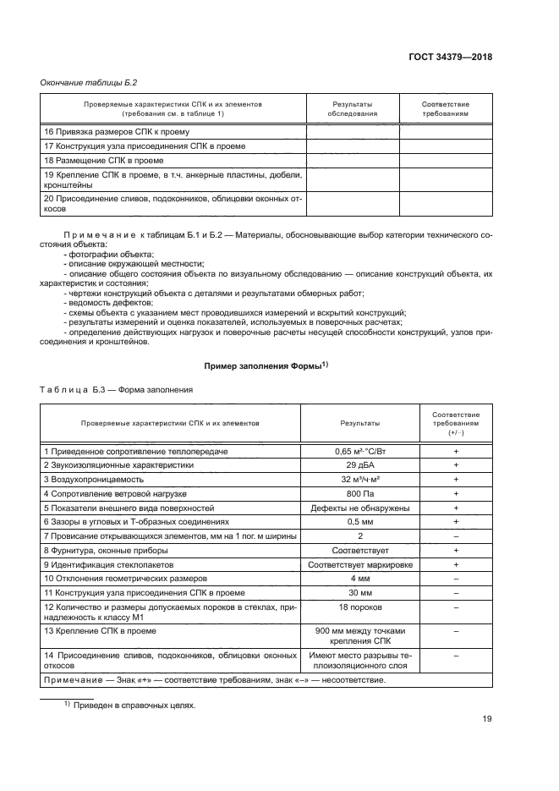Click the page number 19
[486, 719]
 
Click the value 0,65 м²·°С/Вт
[360, 453]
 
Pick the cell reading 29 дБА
[360, 466]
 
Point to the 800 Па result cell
[360, 494]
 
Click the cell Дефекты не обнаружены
[360, 508]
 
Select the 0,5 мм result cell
[360, 522]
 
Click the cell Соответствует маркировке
[360, 563]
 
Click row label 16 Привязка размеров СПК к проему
[116, 132]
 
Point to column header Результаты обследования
[352, 108]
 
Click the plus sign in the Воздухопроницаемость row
[455, 481]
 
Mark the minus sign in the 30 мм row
[455, 591]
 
